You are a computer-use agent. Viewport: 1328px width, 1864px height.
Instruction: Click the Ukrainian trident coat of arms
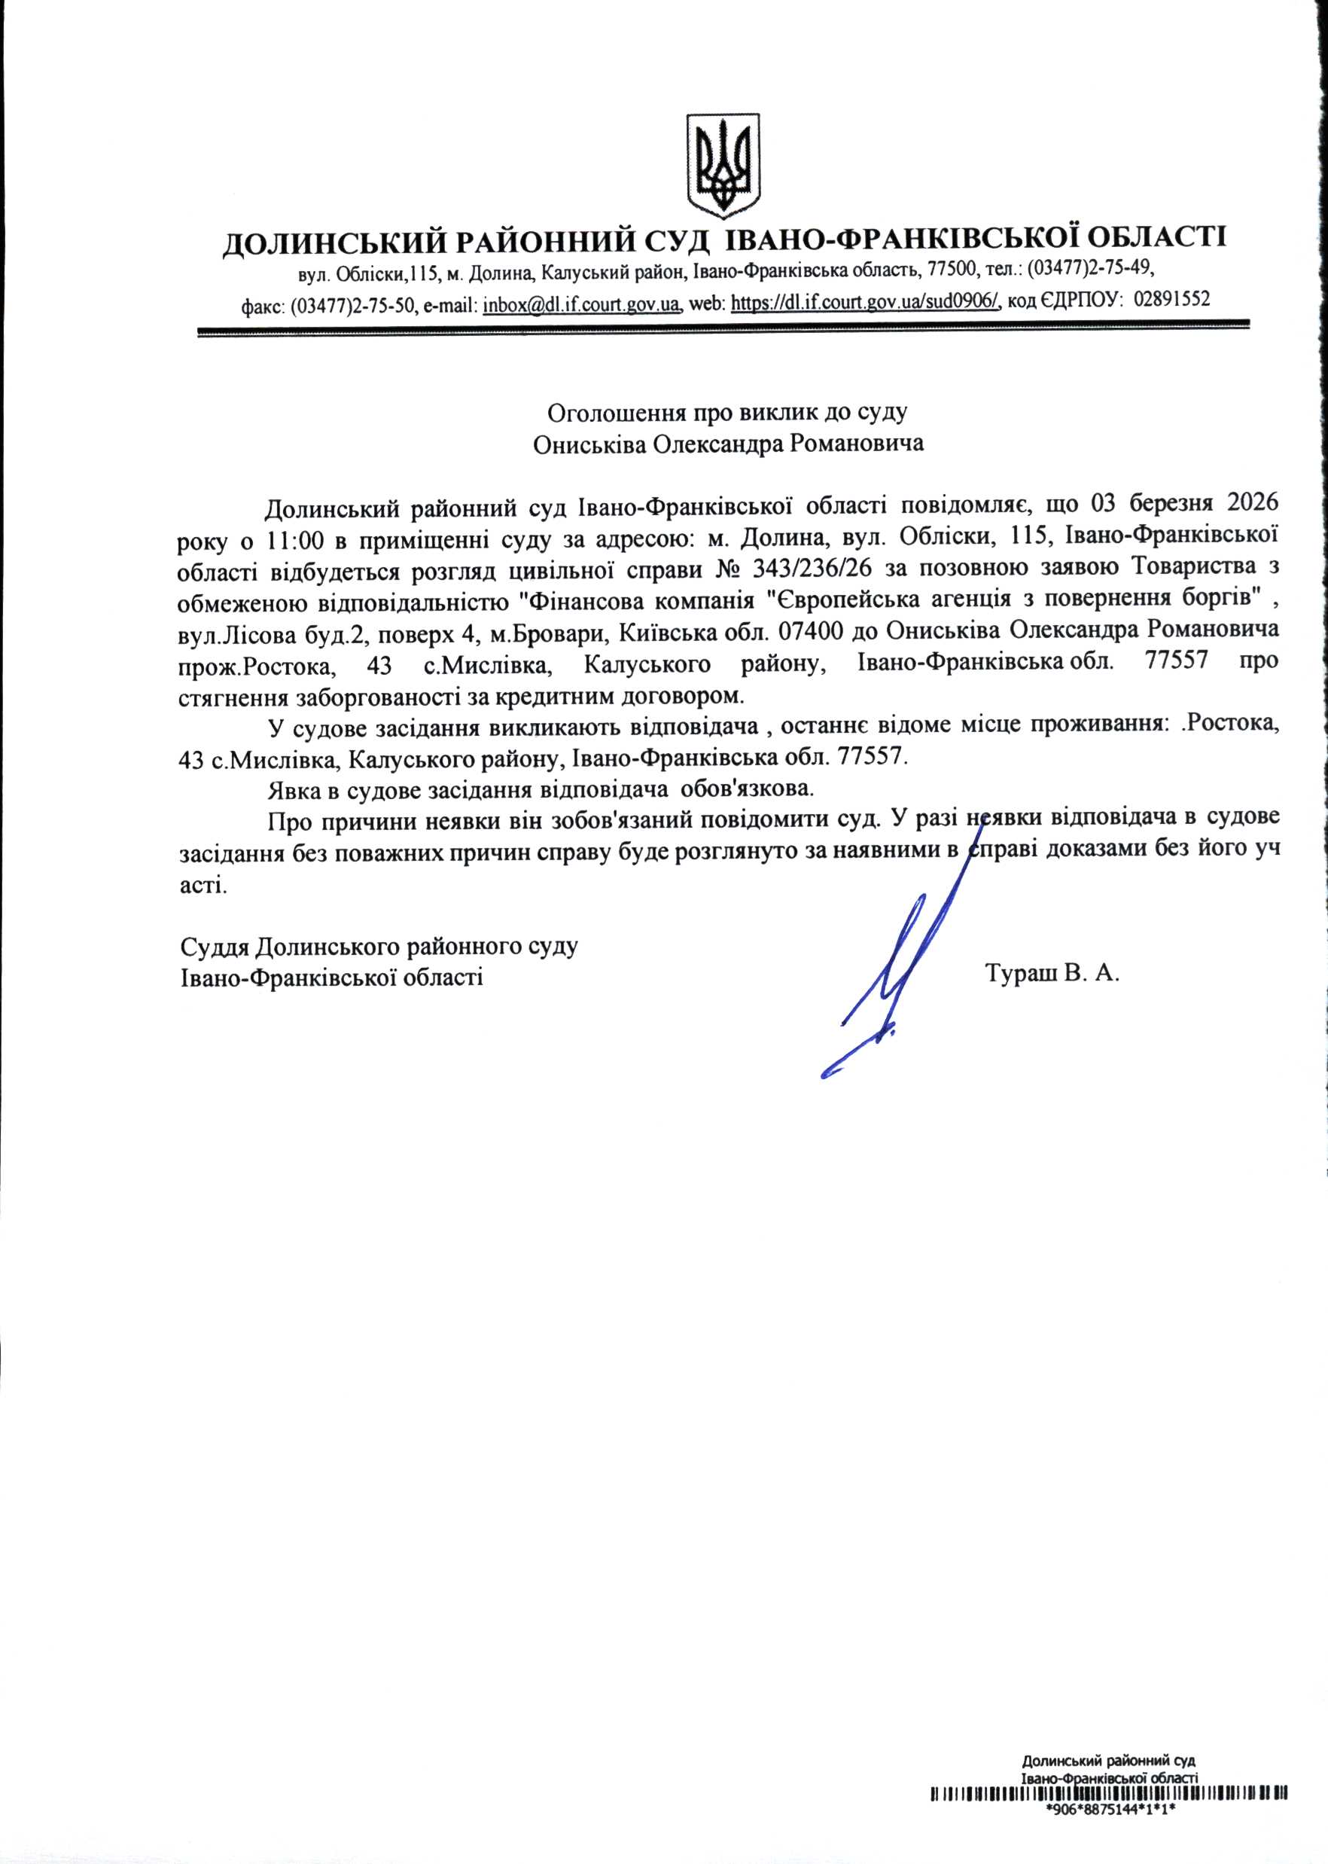[x=723, y=166]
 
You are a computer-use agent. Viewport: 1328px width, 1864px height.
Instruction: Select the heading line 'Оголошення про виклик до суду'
[x=727, y=411]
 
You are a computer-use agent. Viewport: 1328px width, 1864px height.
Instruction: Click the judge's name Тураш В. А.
[x=1052, y=974]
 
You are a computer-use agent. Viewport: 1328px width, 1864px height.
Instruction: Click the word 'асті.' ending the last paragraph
[x=203, y=886]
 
